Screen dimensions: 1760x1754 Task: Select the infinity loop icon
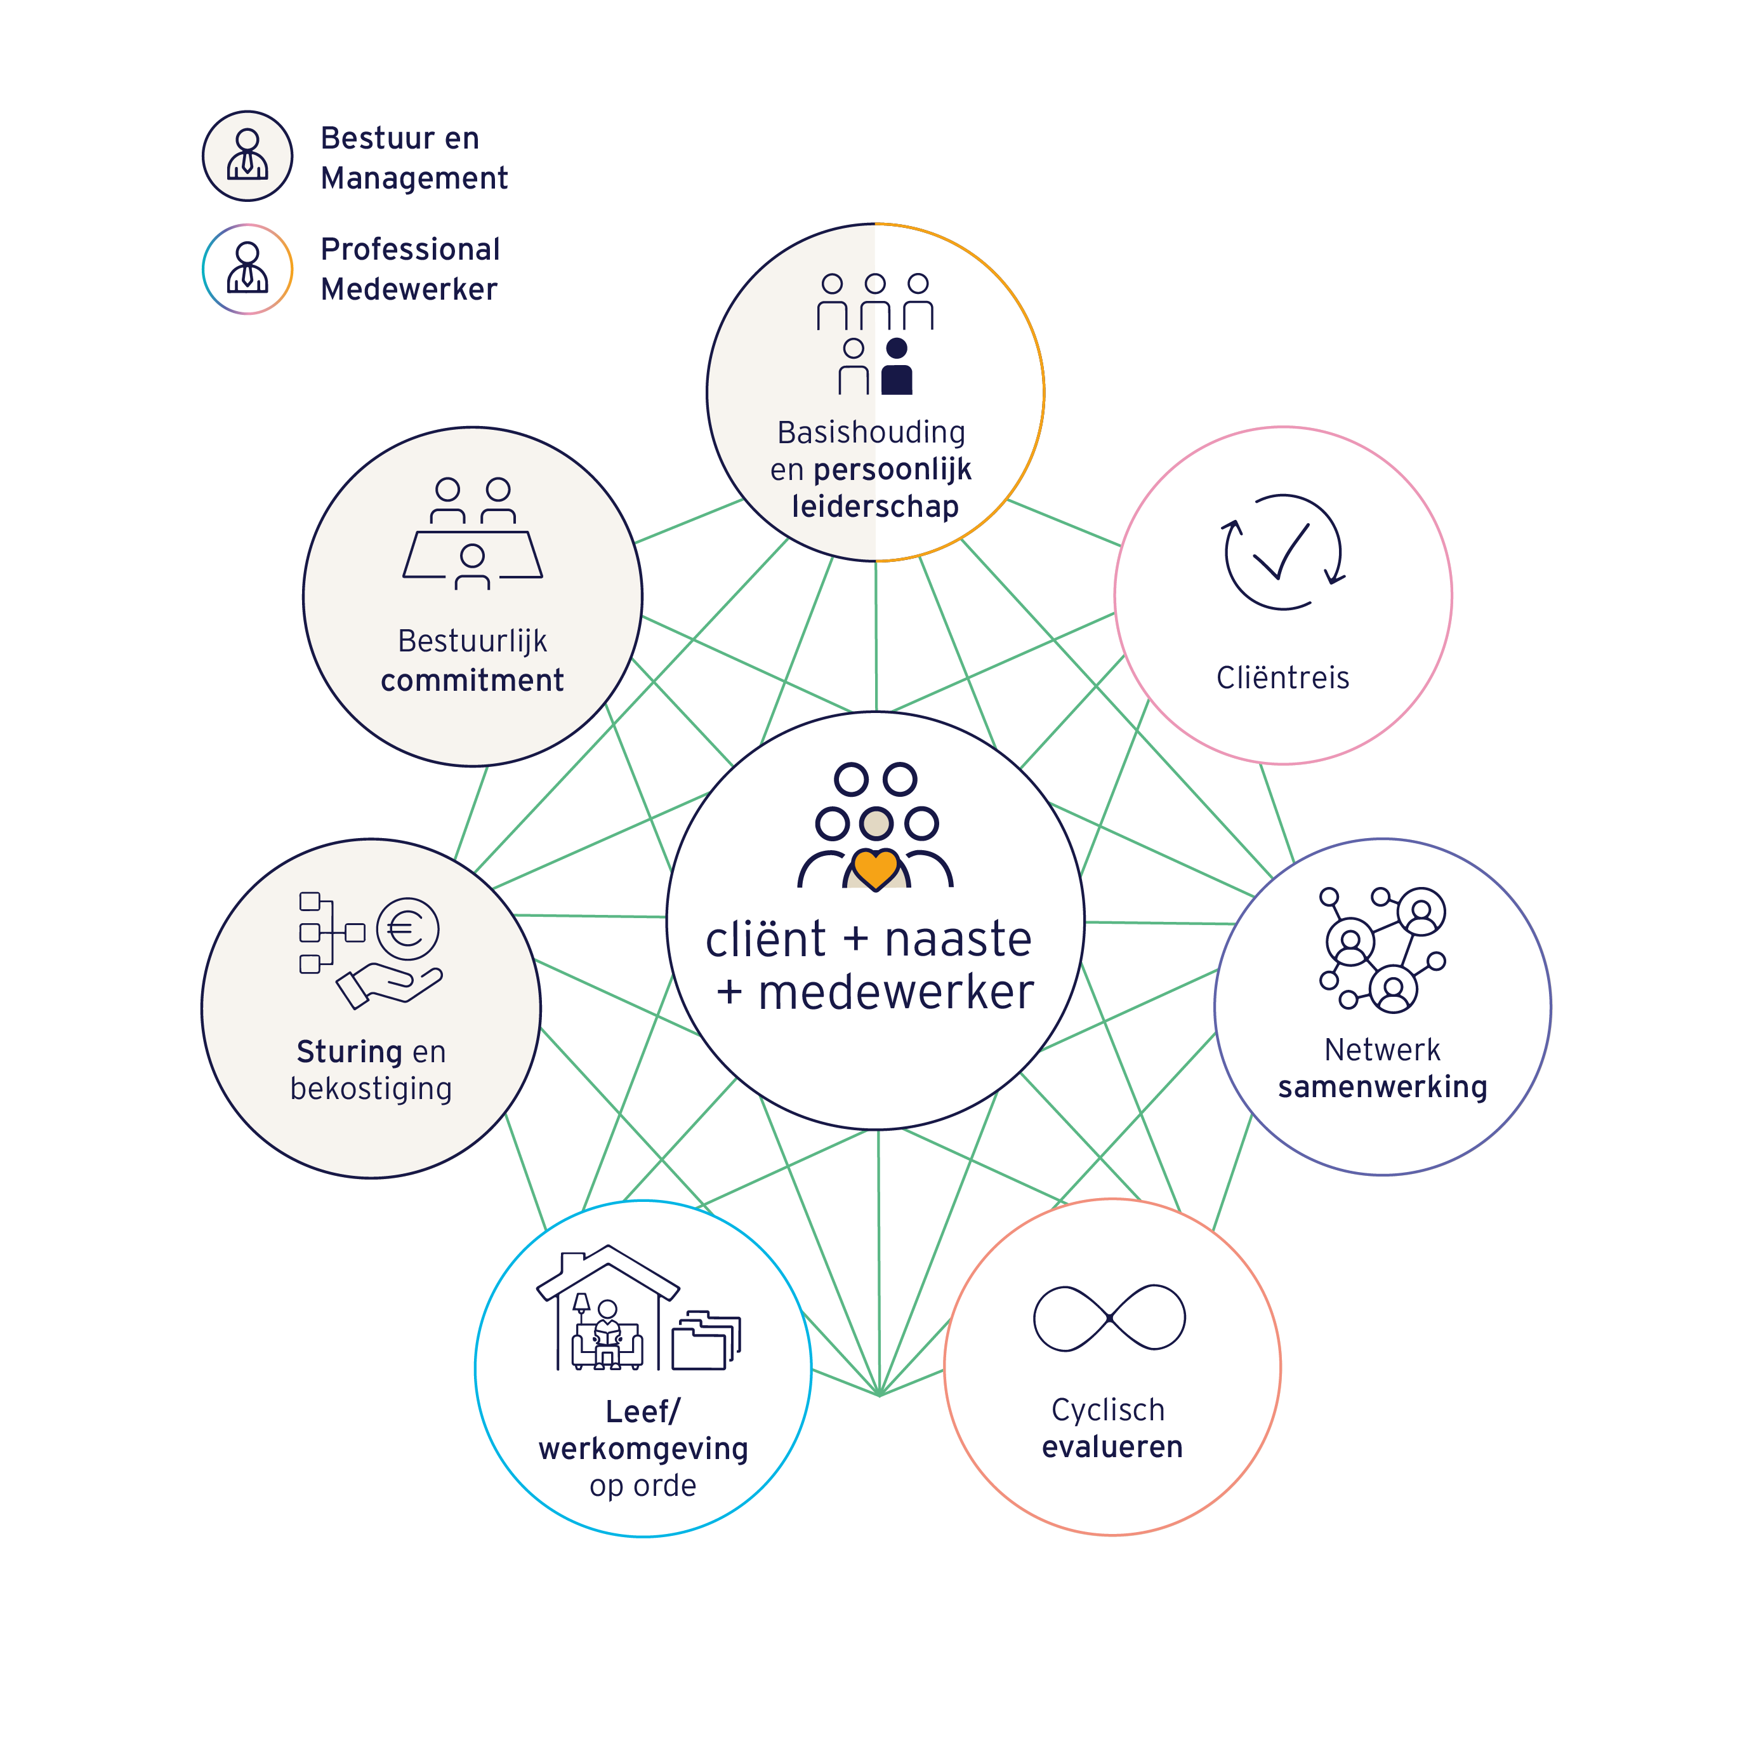(x=1109, y=1318)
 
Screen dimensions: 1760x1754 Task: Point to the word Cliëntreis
(x=1283, y=677)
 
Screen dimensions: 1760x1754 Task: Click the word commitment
(x=471, y=681)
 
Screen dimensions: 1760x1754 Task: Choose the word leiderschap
(x=875, y=507)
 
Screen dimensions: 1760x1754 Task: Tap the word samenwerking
(x=1382, y=1087)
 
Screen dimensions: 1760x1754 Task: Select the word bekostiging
(x=371, y=1089)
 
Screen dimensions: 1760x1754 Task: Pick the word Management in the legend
(x=414, y=178)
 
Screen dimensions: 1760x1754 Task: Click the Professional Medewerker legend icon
(x=247, y=269)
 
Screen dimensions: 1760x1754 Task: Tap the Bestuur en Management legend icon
(x=247, y=156)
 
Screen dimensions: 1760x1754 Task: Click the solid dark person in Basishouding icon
(x=897, y=367)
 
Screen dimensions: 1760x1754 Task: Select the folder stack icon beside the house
(x=706, y=1340)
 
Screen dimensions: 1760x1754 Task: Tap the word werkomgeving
(x=643, y=1448)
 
